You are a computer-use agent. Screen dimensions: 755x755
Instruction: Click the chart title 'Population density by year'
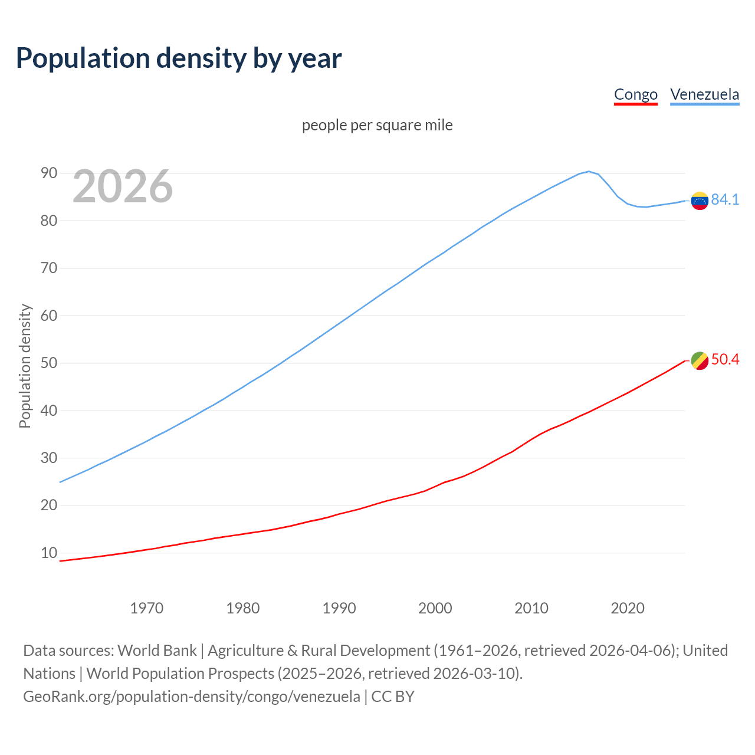pyautogui.click(x=179, y=58)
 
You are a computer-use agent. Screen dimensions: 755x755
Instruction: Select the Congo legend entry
pyautogui.click(x=635, y=94)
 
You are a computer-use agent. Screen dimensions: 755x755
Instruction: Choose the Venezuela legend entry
pyautogui.click(x=704, y=94)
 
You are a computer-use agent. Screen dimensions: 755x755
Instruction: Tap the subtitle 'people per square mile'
pyautogui.click(x=377, y=125)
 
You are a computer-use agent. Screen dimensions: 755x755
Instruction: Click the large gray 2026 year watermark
pyautogui.click(x=123, y=186)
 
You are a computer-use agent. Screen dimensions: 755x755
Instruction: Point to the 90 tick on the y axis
pyautogui.click(x=49, y=173)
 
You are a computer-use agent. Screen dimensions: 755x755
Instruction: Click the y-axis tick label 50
pyautogui.click(x=49, y=363)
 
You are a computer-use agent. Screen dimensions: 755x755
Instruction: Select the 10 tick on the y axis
pyautogui.click(x=49, y=553)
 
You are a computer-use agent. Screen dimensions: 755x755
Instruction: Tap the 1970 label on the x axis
pyautogui.click(x=146, y=608)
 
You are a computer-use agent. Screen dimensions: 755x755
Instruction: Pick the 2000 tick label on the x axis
pyautogui.click(x=435, y=608)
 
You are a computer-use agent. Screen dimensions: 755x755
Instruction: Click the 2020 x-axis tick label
pyautogui.click(x=627, y=608)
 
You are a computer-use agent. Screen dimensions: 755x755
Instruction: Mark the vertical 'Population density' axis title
pyautogui.click(x=25, y=366)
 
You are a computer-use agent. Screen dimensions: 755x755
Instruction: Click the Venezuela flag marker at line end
pyautogui.click(x=700, y=201)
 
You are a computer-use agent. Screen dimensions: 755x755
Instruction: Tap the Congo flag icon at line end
pyautogui.click(x=700, y=360)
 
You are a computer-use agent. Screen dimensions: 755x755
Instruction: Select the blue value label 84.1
pyautogui.click(x=725, y=200)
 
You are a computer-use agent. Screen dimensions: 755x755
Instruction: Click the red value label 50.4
pyautogui.click(x=725, y=360)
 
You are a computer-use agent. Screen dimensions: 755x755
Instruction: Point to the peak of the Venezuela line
pyautogui.click(x=589, y=172)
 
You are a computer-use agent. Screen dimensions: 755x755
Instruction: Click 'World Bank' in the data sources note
pyautogui.click(x=157, y=651)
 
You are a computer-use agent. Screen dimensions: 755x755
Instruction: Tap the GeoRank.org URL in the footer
pyautogui.click(x=192, y=697)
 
